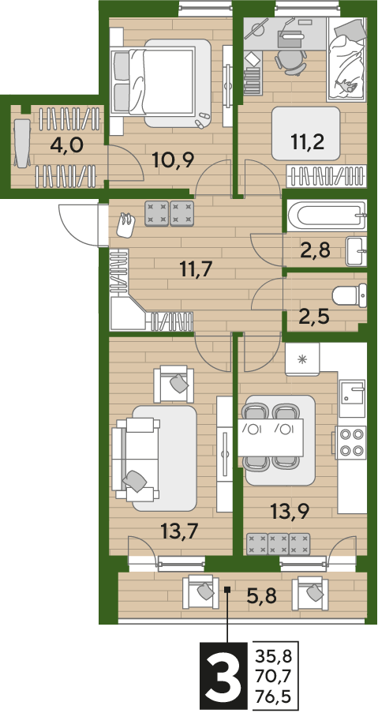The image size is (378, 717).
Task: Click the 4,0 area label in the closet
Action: click(66, 146)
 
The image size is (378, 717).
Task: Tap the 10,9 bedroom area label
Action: click(174, 160)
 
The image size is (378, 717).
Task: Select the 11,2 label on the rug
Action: click(307, 142)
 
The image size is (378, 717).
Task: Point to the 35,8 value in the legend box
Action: click(273, 657)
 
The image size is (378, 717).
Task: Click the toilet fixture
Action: click(350, 296)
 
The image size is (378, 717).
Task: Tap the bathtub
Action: click(326, 216)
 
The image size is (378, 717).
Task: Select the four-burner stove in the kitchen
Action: click(350, 443)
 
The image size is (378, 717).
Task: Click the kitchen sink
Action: click(351, 392)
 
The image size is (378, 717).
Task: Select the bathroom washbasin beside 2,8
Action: click(357, 251)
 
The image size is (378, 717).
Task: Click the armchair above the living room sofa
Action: click(174, 384)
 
